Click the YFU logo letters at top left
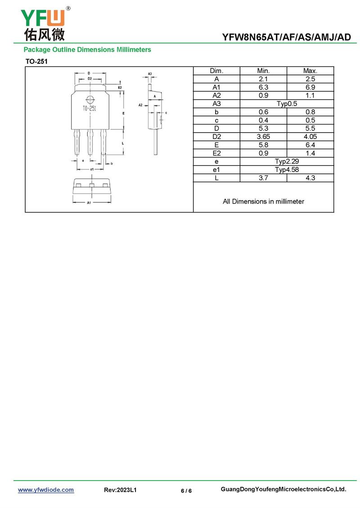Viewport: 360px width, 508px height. pos(43,18)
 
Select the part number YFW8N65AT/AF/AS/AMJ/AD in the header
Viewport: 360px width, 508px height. pos(286,37)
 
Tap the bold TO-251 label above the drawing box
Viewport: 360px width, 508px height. pos(36,61)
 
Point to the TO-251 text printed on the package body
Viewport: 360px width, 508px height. pos(89,108)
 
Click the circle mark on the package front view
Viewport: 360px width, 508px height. pos(90,100)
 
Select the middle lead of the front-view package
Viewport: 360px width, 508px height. pos(90,142)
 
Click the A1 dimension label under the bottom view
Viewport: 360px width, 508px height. pos(89,203)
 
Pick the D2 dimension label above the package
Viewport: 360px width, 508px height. pos(90,79)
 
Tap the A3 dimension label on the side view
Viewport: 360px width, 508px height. pos(150,74)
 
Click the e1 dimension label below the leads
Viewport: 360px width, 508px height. pos(92,169)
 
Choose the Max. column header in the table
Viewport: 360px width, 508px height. pos(310,71)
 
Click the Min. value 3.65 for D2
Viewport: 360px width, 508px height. pos(263,137)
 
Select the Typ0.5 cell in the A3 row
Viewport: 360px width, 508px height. pos(287,104)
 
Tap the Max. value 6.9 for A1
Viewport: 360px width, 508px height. pos(310,87)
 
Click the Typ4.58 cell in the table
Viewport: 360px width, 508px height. pos(287,170)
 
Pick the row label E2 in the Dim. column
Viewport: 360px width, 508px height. pos(216,153)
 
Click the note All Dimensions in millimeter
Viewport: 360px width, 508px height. pos(263,201)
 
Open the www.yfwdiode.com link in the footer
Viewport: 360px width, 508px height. pos(46,490)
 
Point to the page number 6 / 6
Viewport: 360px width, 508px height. pos(186,491)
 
